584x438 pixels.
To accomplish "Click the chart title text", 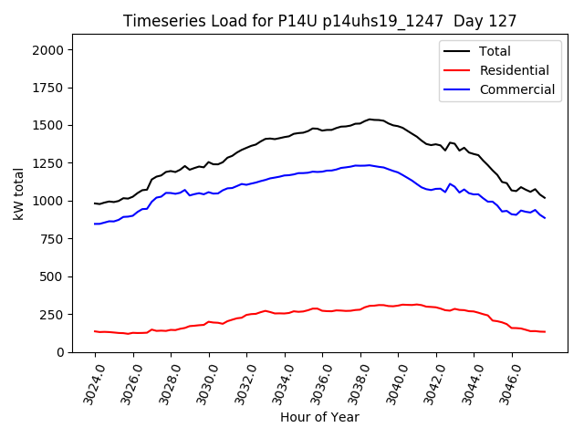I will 319,21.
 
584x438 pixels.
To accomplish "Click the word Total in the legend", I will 495,51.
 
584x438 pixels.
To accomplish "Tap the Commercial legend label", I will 516,89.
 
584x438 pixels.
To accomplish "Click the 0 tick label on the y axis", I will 60,352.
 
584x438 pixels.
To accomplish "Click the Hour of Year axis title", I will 319,417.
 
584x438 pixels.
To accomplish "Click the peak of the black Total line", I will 370,119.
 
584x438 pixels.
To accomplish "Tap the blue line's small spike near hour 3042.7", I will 450,183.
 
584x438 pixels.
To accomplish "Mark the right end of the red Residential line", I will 545,331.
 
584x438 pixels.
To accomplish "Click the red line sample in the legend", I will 459,70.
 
